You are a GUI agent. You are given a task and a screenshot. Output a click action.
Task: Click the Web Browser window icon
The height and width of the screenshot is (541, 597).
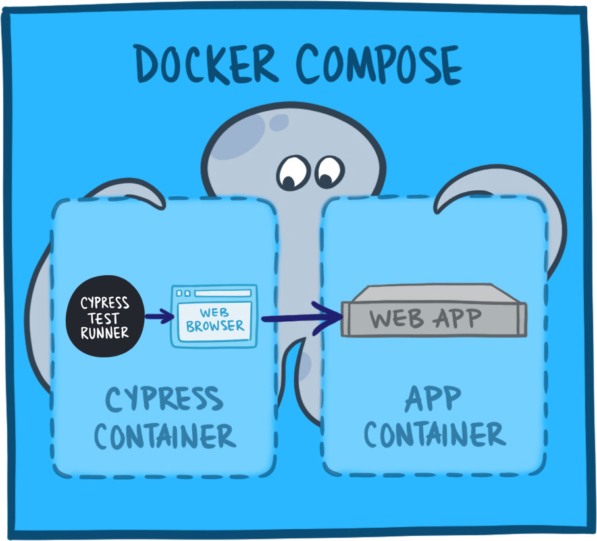[213, 317]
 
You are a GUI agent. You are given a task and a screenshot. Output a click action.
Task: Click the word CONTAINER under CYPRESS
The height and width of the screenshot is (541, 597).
[165, 435]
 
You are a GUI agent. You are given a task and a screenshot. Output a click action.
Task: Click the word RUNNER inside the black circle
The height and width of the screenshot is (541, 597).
[105, 332]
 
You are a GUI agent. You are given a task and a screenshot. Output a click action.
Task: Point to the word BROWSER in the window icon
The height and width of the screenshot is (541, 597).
[215, 325]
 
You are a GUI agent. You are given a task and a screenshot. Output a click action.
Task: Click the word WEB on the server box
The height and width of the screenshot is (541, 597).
[395, 319]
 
